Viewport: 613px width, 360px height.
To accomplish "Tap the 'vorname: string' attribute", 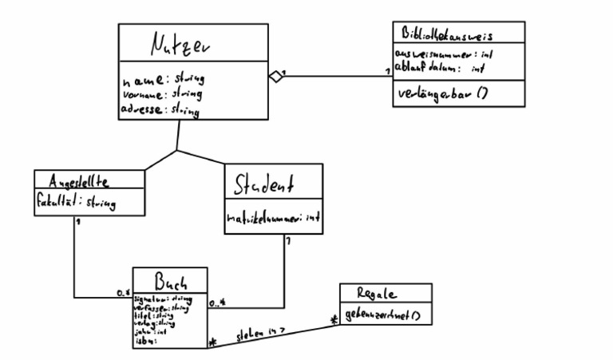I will tap(162, 94).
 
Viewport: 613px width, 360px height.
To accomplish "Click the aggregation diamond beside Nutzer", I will tap(275, 77).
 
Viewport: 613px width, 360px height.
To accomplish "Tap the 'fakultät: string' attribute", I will tap(76, 203).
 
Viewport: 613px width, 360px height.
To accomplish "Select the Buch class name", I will tap(170, 281).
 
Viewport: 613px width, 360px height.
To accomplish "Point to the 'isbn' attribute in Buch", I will tap(146, 341).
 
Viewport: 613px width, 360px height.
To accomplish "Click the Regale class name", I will tap(386, 293).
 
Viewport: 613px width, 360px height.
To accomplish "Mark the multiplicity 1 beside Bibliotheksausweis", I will tap(388, 72).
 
